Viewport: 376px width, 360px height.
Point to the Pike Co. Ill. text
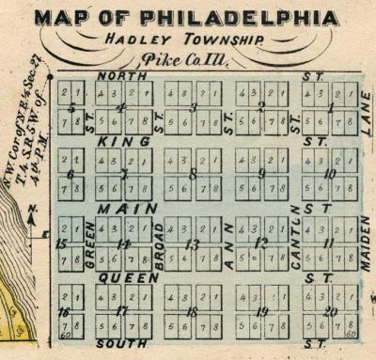pyautogui.click(x=191, y=59)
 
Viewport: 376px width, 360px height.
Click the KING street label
pyautogui.click(x=124, y=141)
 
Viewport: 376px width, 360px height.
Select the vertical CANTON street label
pyautogui.click(x=295, y=238)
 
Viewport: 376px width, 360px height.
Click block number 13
pyautogui.click(x=192, y=244)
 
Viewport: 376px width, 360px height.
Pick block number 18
pyautogui.click(x=192, y=311)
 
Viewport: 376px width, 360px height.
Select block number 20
pyautogui.click(x=330, y=311)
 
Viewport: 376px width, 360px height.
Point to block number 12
pyautogui.click(x=261, y=243)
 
